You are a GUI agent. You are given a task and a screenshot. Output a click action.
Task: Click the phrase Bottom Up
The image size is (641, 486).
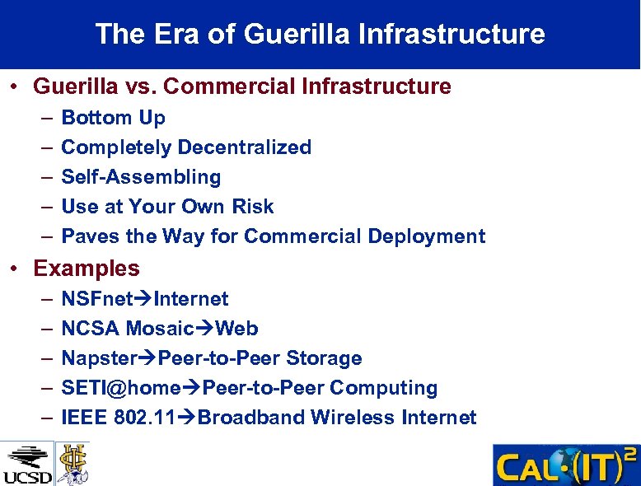coord(114,118)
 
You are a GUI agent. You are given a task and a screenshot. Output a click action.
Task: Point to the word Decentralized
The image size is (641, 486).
coord(245,147)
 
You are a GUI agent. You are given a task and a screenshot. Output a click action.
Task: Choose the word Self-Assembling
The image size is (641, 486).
coord(141,177)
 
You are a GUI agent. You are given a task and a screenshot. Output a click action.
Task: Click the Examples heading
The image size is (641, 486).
coord(87,269)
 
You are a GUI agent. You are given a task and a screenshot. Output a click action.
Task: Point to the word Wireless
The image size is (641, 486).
coord(353,418)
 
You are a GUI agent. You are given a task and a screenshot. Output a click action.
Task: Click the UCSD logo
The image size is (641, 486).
coord(27,464)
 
